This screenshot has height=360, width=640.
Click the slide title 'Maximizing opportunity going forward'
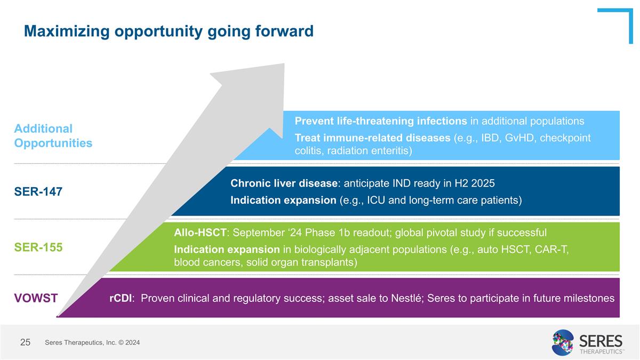click(169, 31)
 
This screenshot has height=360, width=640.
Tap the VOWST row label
click(36, 298)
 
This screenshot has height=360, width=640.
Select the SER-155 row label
click(38, 247)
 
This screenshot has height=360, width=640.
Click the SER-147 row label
click(38, 191)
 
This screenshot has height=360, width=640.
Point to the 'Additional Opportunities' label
click(53, 135)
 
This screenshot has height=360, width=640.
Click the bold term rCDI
click(121, 298)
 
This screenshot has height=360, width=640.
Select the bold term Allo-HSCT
click(200, 233)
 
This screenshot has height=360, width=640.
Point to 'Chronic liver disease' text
click(284, 183)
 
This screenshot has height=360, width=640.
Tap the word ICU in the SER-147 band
click(376, 200)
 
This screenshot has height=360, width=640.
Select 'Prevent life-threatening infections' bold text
click(381, 121)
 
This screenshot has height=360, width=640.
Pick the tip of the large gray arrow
click(284, 63)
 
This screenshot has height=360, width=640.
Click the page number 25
click(25, 342)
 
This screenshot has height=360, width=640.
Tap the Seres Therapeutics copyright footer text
click(92, 342)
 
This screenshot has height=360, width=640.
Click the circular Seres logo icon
click(563, 342)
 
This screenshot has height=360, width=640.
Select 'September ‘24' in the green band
click(267, 233)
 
